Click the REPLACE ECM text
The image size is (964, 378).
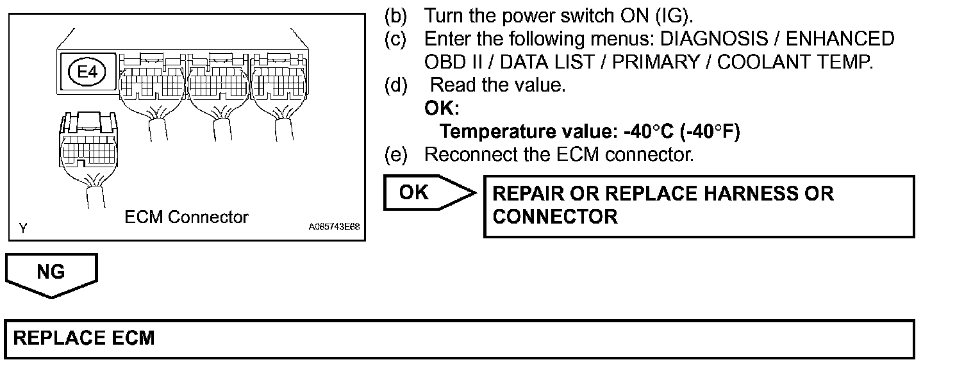84,338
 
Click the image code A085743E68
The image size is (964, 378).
334,227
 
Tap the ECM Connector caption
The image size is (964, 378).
186,217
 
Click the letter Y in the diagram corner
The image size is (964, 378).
23,227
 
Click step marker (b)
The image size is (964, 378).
395,15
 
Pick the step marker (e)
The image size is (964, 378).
395,155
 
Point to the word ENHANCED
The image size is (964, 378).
840,39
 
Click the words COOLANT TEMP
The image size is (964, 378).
795,63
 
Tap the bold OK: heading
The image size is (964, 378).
442,108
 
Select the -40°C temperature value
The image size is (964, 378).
647,132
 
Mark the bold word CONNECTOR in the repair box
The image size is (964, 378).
555,217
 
